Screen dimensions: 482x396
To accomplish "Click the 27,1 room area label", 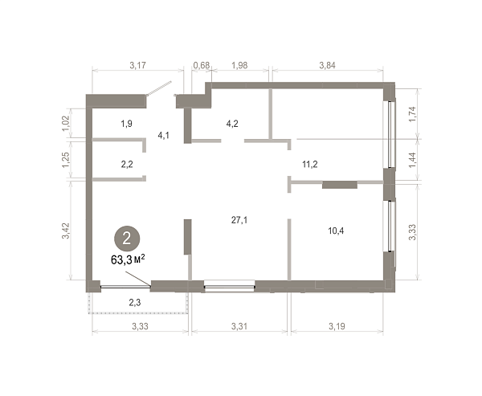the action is click(239, 220).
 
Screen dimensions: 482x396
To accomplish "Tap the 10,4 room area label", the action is click(336, 231).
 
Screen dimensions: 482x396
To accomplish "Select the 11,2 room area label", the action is click(310, 164).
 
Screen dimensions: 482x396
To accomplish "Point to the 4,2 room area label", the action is click(232, 124).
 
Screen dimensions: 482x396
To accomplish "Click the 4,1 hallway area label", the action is click(164, 135).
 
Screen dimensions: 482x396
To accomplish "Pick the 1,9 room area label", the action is click(126, 124).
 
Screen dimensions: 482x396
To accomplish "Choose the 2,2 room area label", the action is click(127, 164).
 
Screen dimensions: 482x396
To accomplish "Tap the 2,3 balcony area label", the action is click(135, 303).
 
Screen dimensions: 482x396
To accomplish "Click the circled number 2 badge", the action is click(127, 239).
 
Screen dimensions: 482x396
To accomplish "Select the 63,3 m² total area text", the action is click(128, 259).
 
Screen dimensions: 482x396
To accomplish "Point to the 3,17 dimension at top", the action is click(137, 65).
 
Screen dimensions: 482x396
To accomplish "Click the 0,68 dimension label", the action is click(202, 65).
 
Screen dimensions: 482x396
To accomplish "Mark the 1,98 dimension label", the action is click(239, 65).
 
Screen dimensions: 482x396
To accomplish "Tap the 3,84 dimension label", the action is click(328, 65).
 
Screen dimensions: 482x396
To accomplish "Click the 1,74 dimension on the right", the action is click(412, 114).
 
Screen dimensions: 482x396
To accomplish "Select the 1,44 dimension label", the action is click(412, 160).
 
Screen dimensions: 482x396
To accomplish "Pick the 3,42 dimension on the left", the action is click(66, 231).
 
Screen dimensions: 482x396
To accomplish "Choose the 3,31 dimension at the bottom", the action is click(239, 326).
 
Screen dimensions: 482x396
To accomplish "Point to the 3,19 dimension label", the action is click(337, 326).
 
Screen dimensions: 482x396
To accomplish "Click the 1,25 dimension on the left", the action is click(66, 160).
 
